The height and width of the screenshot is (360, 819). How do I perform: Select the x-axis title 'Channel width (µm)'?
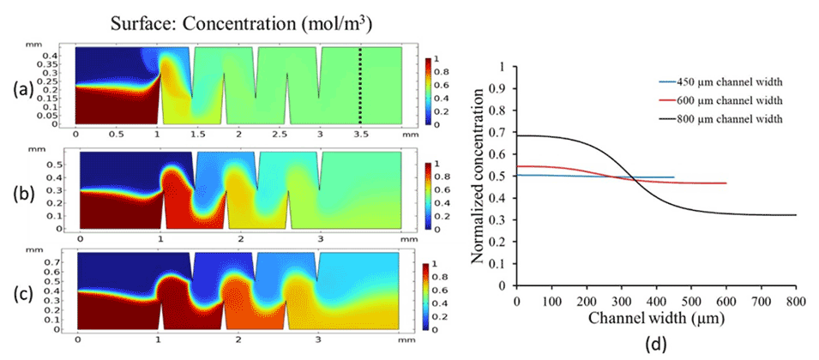coord(656,318)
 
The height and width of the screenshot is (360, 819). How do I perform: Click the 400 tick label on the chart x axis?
coord(656,302)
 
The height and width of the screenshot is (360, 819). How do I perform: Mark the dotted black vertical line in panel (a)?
coord(360,86)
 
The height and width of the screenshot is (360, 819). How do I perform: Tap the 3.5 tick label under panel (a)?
coord(359,135)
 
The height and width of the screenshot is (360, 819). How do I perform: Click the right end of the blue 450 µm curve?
coord(674,177)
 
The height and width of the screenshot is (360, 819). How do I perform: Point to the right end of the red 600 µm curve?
coord(726,183)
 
